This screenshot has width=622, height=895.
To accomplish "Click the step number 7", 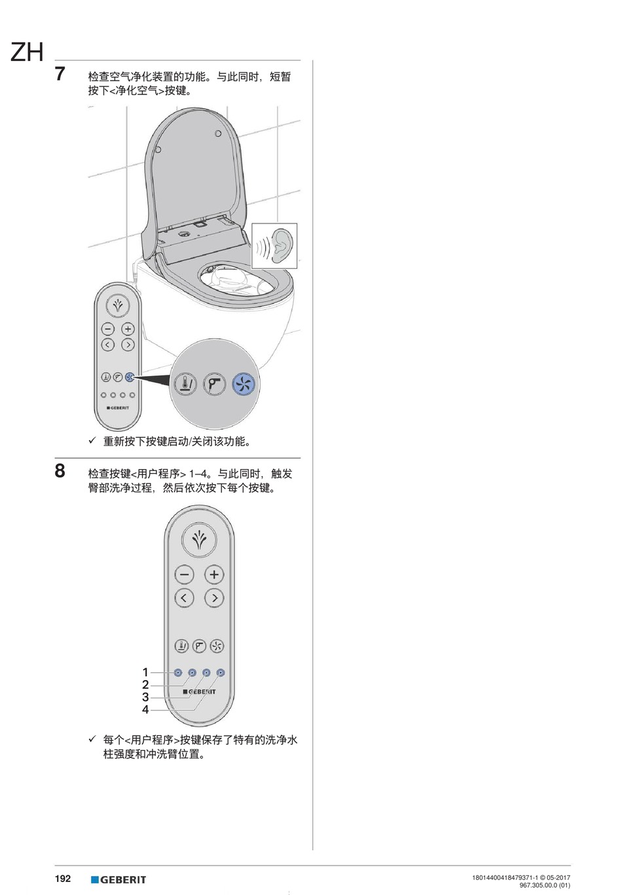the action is coord(60,74).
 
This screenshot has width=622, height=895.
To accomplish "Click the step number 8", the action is coord(60,470).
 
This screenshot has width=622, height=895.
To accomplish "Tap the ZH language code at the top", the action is coord(27,52).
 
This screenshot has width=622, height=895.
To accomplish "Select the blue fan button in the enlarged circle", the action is coord(244,385).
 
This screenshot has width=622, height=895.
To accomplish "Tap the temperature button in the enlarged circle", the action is coord(185,385).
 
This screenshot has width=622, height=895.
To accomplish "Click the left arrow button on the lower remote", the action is coord(184,598).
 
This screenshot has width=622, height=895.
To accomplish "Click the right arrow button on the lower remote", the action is coord(214,598).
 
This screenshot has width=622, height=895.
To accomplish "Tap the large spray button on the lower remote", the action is coord(199,540).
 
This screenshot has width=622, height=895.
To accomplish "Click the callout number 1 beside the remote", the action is coord(145,672).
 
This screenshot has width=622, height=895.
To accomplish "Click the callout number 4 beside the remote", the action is coord(145,710).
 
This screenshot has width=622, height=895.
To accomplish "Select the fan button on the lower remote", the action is coord(217,646).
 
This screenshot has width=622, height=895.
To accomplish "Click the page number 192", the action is coord(63,879).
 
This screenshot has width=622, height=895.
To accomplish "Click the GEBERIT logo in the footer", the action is coord(119,879).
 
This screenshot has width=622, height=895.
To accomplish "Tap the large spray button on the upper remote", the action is coord(118,305).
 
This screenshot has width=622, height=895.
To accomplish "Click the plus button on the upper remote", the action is coord(128,330).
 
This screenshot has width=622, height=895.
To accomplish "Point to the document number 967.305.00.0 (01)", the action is coord(545,885).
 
